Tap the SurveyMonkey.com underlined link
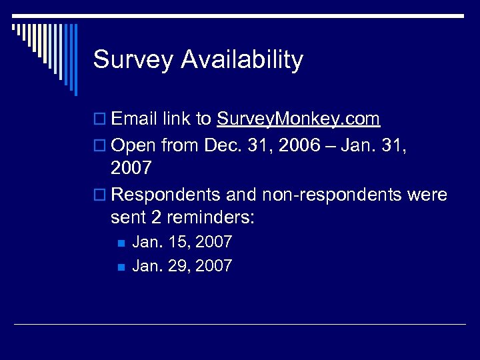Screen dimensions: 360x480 click(x=298, y=119)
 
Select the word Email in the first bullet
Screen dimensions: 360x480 click(x=135, y=119)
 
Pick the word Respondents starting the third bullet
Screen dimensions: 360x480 click(x=167, y=195)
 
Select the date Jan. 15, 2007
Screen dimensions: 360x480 click(x=182, y=241)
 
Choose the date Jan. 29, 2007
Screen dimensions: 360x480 click(x=182, y=266)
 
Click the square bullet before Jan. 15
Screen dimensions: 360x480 click(x=120, y=242)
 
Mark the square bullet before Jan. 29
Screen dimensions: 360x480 click(x=120, y=267)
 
